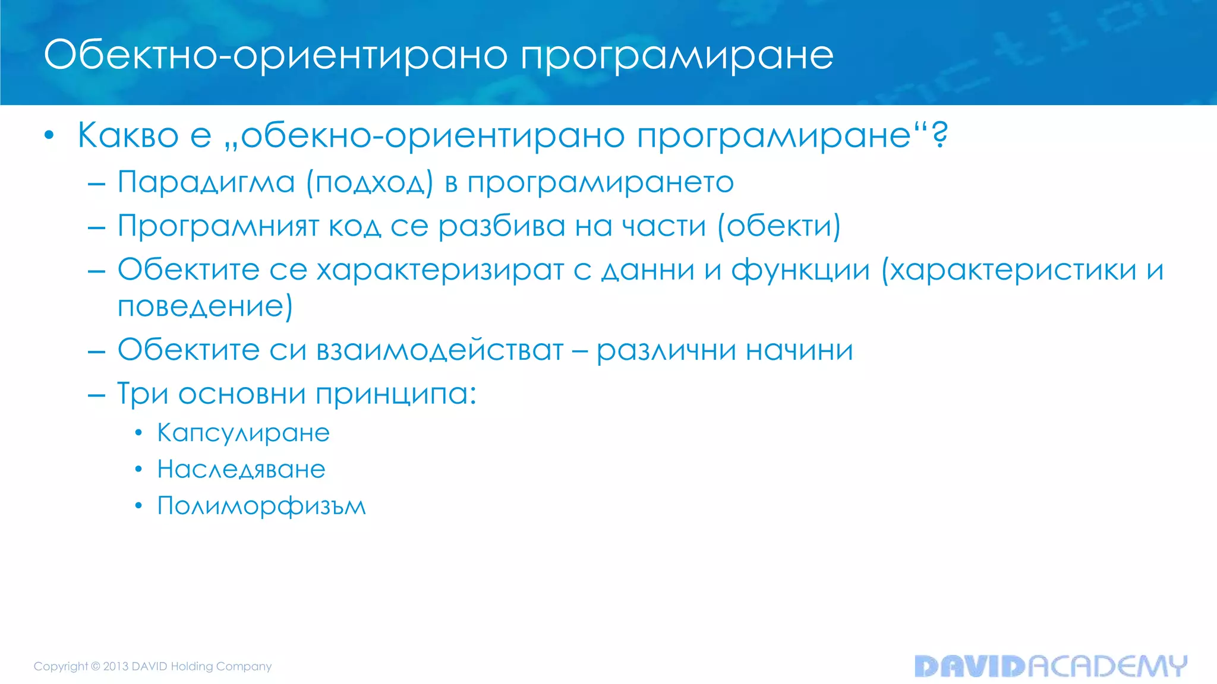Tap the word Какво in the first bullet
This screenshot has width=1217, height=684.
[128, 135]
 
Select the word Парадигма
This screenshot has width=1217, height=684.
[206, 182]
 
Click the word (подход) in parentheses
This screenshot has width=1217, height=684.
[370, 182]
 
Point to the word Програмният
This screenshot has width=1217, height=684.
[218, 226]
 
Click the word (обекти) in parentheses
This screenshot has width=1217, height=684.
[779, 226]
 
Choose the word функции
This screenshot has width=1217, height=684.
[800, 270]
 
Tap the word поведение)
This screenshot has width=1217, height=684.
[205, 306]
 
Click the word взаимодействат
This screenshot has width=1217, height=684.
[440, 350]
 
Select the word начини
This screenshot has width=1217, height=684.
[799, 350]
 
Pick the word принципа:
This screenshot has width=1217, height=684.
[396, 394]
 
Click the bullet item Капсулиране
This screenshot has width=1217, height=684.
[243, 433]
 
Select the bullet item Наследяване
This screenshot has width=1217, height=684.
[241, 470]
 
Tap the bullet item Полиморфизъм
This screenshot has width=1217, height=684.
[261, 506]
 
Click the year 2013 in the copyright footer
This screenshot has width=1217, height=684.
[116, 666]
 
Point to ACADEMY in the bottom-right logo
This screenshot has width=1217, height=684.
[1107, 666]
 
